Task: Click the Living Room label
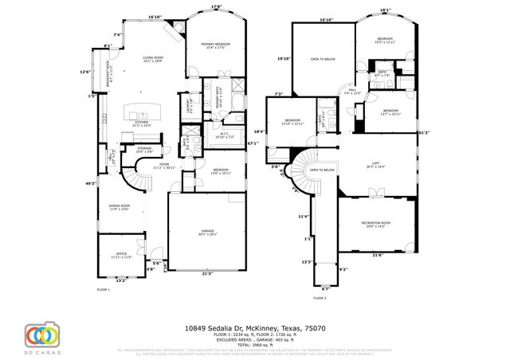pos(152,57)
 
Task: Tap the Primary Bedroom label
pos(215,45)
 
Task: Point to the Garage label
pos(206,232)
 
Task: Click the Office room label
pos(122,255)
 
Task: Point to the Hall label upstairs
pos(351,92)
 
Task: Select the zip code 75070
pos(316,327)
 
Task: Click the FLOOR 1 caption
pos(103,289)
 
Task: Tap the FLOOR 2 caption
pos(320,297)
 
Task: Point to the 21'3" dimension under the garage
pos(207,274)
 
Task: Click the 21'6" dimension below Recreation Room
pos(378,255)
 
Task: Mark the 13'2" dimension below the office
pos(121,280)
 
